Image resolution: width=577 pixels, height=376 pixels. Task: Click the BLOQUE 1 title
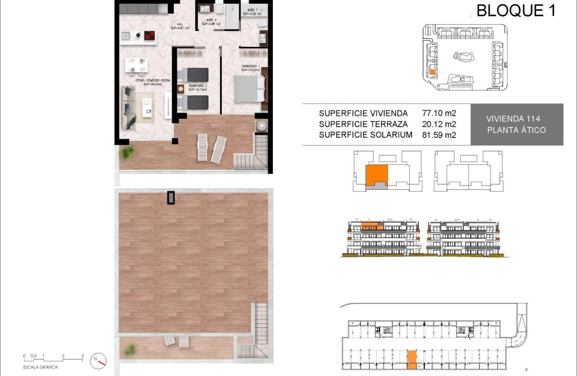(516, 10)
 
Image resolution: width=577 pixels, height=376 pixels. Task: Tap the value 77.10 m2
(439, 113)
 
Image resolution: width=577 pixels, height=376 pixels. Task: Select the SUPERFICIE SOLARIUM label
(365, 135)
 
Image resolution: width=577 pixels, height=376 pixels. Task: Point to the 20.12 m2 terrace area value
(439, 124)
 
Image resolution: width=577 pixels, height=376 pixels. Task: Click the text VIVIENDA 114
(513, 119)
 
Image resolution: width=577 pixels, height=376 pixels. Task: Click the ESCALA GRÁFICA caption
(41, 367)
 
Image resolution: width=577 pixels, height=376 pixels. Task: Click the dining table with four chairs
(137, 65)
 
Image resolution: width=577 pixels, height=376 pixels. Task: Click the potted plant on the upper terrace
(127, 152)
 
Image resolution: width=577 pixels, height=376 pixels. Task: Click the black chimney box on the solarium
(171, 197)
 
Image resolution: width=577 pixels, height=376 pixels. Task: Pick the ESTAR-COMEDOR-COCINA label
(144, 81)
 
